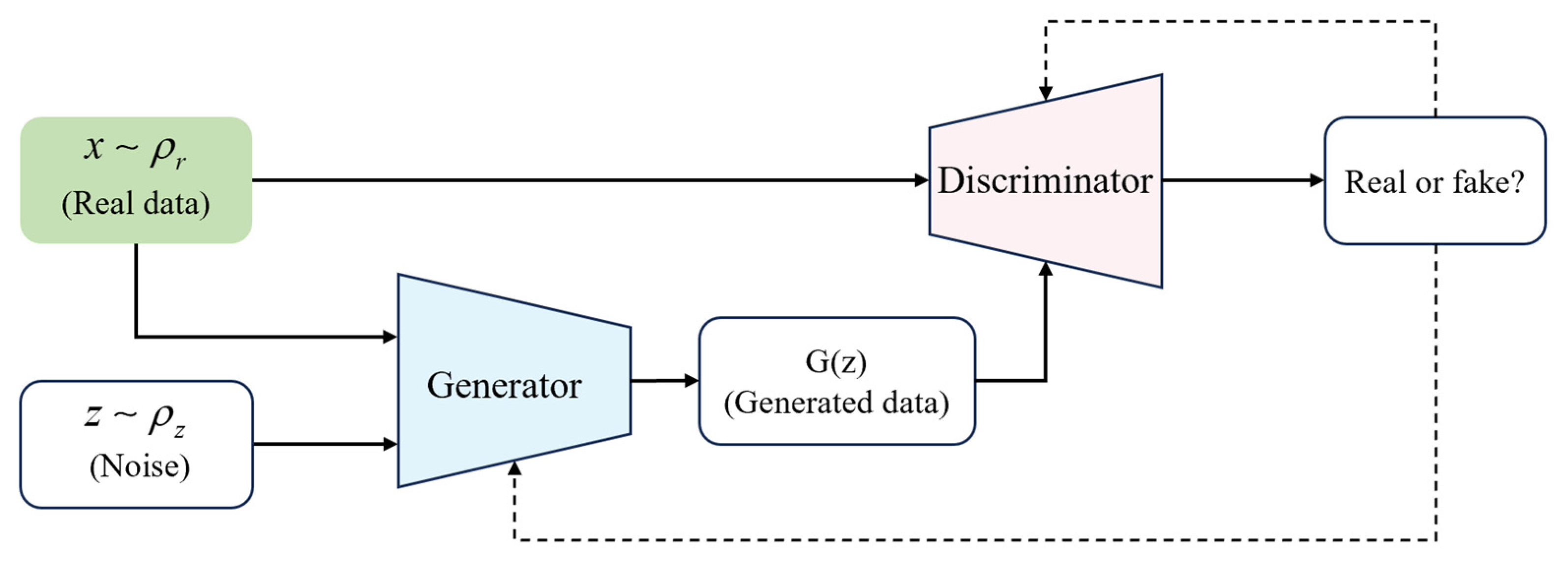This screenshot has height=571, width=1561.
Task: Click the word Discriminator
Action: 1045,181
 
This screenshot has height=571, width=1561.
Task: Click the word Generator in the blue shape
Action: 504,385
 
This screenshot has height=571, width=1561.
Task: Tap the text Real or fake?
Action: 1434,182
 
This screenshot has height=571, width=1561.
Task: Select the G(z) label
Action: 836,362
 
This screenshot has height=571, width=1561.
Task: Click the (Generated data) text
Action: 836,402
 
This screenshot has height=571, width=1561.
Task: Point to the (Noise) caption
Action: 139,466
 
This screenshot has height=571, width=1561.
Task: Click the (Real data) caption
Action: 136,203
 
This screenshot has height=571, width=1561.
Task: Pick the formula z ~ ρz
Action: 135,418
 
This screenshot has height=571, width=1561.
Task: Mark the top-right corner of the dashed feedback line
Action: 1436,22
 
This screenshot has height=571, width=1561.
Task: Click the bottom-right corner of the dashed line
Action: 1436,539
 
